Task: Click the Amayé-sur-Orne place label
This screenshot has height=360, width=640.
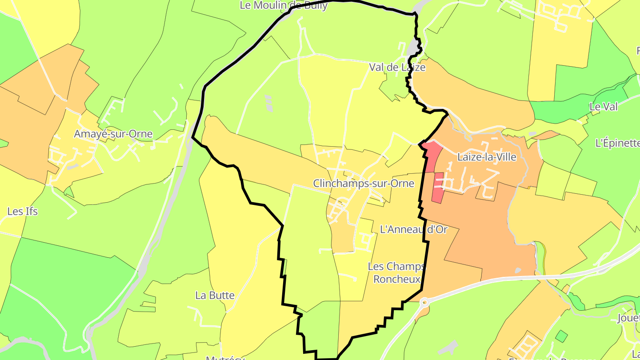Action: (113, 134)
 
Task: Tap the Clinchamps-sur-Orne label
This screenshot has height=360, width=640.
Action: (364, 183)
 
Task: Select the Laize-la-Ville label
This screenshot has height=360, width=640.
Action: (487, 157)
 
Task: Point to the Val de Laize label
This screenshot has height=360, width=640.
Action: (397, 67)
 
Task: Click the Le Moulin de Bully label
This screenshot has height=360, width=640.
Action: (284, 5)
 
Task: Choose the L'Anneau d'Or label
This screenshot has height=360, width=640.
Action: (413, 229)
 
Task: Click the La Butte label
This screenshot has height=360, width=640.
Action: (215, 295)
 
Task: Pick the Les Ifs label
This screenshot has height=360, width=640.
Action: (22, 211)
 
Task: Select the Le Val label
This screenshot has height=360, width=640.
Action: (604, 107)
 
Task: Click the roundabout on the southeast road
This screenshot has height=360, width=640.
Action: (425, 303)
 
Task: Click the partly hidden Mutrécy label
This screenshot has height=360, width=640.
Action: (225, 357)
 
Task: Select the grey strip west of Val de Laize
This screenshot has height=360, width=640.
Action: (268, 103)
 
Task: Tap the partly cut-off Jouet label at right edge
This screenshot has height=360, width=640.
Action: (628, 318)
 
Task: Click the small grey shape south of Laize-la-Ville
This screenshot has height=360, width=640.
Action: (518, 270)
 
